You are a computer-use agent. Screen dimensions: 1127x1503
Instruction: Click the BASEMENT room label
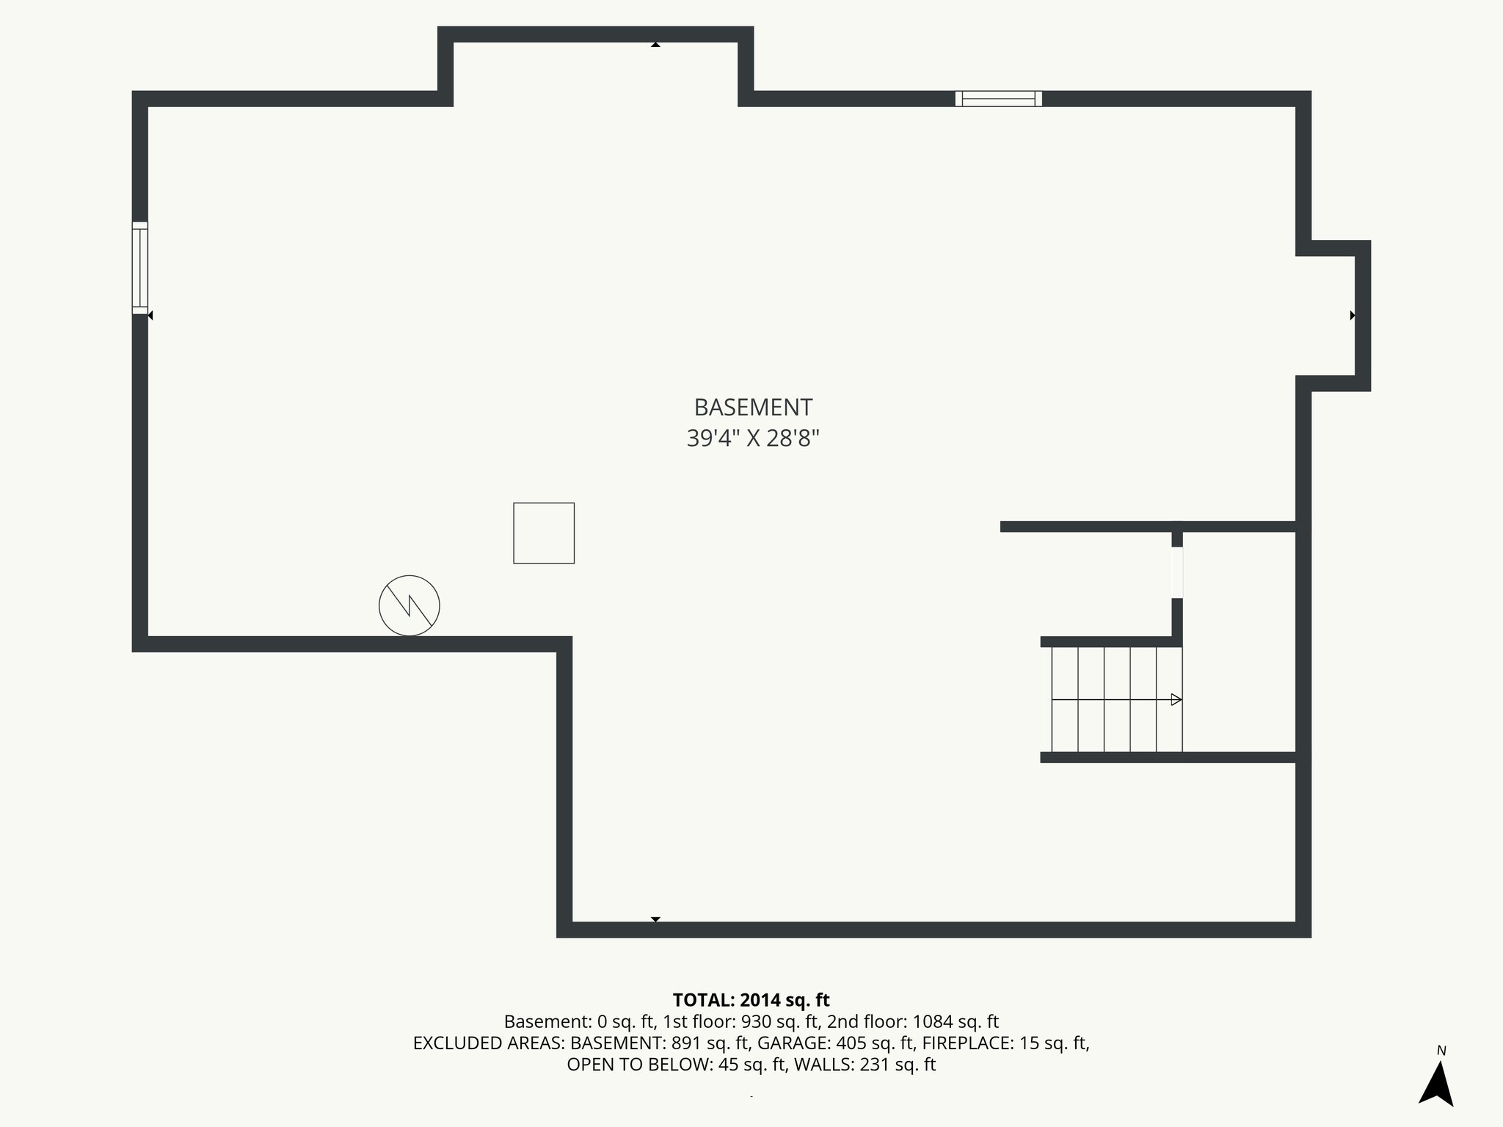[x=753, y=407]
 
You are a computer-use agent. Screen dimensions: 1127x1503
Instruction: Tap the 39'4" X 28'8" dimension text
[x=753, y=439]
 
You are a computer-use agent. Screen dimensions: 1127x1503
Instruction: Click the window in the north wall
[x=998, y=98]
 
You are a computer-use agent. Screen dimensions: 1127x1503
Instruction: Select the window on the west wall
[x=139, y=268]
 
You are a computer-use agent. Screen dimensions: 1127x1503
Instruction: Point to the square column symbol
[x=544, y=533]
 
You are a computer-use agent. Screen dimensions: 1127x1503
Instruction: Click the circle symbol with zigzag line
[x=410, y=605]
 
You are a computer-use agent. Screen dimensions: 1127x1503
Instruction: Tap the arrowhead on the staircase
[x=1176, y=699]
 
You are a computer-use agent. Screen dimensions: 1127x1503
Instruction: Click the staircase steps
[x=1116, y=699]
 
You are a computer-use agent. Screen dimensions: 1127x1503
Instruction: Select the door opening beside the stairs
[x=1177, y=572]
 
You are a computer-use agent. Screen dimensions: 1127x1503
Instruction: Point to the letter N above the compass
[x=1441, y=1051]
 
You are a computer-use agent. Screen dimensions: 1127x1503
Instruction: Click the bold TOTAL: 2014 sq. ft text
[x=751, y=1000]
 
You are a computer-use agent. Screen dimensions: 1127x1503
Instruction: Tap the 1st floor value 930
[x=755, y=1021]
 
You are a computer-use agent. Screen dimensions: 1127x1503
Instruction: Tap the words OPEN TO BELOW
[x=637, y=1065]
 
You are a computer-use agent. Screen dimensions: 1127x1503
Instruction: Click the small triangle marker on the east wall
[x=1353, y=316]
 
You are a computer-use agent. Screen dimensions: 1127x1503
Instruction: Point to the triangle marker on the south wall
[x=655, y=919]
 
